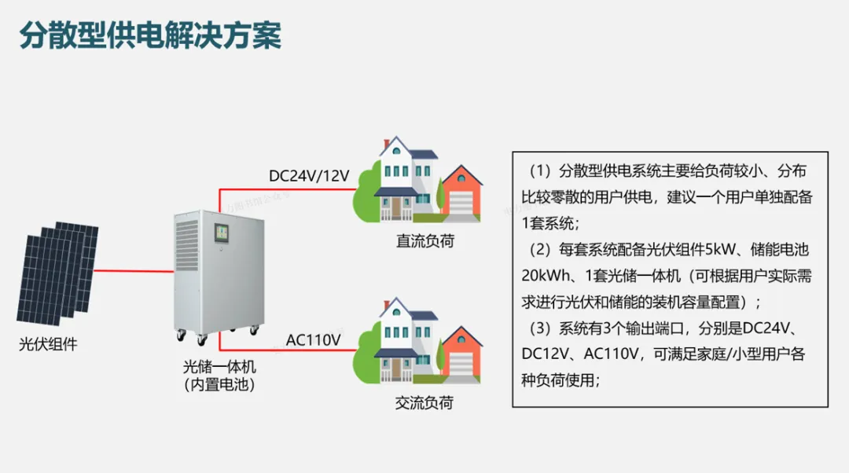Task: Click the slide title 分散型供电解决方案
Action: tap(149, 36)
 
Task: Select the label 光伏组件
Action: tap(48, 344)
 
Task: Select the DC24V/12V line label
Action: tap(308, 176)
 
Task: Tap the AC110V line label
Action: tap(313, 340)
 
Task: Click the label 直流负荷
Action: tap(424, 241)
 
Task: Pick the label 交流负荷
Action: tap(424, 403)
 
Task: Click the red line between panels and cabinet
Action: tap(134, 271)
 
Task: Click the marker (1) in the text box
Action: tap(542, 171)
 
